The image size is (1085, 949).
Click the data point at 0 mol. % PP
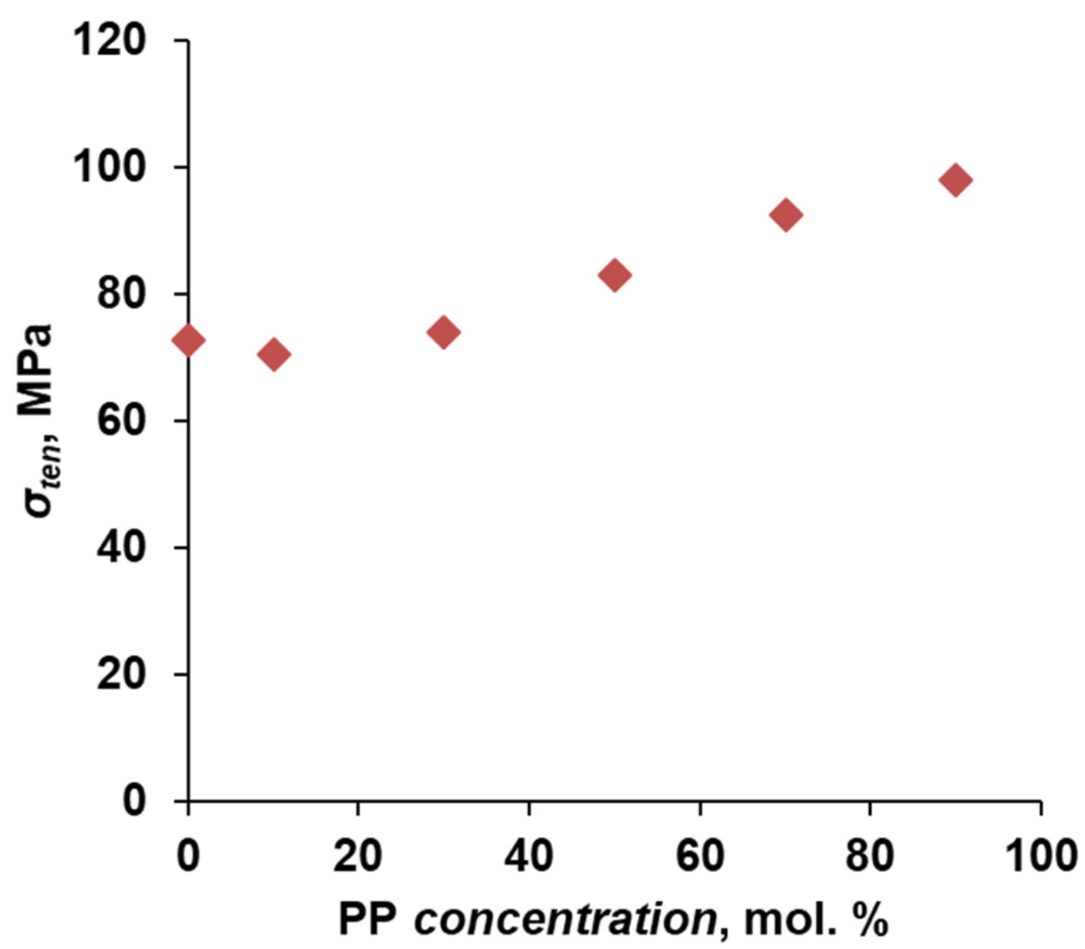point(188,340)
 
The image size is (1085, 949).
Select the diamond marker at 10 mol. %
point(274,355)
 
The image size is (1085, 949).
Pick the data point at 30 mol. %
point(443,332)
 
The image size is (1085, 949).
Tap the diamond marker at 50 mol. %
point(615,274)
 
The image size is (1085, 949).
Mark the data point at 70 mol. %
point(786,214)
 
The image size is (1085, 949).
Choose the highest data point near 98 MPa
point(956,180)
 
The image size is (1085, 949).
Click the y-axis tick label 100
point(110,167)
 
